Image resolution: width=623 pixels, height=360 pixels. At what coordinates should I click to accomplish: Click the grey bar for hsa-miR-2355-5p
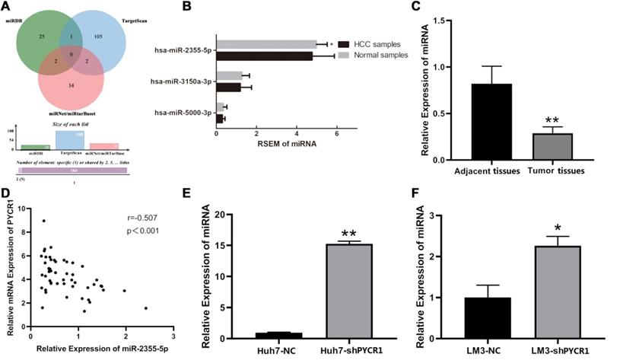coord(266,44)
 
